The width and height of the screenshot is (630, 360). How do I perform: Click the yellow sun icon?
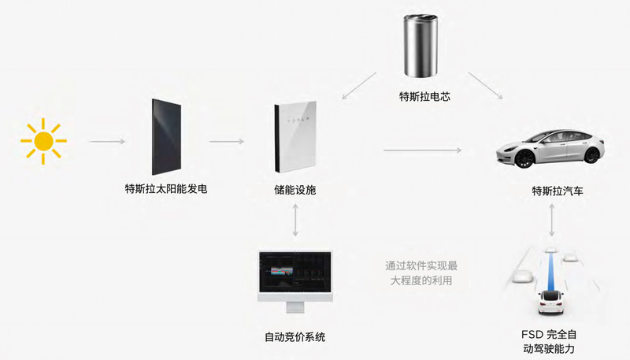[x=43, y=141]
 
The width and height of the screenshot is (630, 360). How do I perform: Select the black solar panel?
[x=166, y=137]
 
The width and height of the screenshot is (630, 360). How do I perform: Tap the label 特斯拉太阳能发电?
[x=166, y=189]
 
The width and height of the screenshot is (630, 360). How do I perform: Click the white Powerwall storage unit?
[x=295, y=136]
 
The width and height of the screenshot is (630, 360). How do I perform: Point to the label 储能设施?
[x=295, y=190]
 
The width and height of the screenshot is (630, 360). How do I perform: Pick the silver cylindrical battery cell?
[x=421, y=46]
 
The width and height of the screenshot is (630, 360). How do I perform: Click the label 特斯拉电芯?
[x=424, y=96]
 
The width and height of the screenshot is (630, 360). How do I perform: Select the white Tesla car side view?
[x=550, y=148]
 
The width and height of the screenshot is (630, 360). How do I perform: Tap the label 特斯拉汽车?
[x=558, y=191]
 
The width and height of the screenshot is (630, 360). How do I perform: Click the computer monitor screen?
[x=295, y=272]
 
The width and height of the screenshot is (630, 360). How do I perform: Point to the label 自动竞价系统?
[x=295, y=337]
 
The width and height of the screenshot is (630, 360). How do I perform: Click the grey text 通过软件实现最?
[x=421, y=265]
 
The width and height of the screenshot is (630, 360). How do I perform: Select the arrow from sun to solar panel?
[x=107, y=142]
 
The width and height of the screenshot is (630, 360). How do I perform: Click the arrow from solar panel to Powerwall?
[x=226, y=142]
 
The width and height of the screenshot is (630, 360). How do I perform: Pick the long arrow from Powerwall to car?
[x=422, y=150]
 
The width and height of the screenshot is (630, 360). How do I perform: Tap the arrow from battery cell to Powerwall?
[x=359, y=86]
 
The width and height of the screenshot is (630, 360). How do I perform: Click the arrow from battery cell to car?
[x=485, y=86]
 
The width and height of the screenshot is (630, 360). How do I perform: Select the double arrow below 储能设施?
[x=295, y=220]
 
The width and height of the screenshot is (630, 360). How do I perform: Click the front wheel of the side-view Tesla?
[x=523, y=158]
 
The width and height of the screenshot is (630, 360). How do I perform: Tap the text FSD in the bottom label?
[x=531, y=334]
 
